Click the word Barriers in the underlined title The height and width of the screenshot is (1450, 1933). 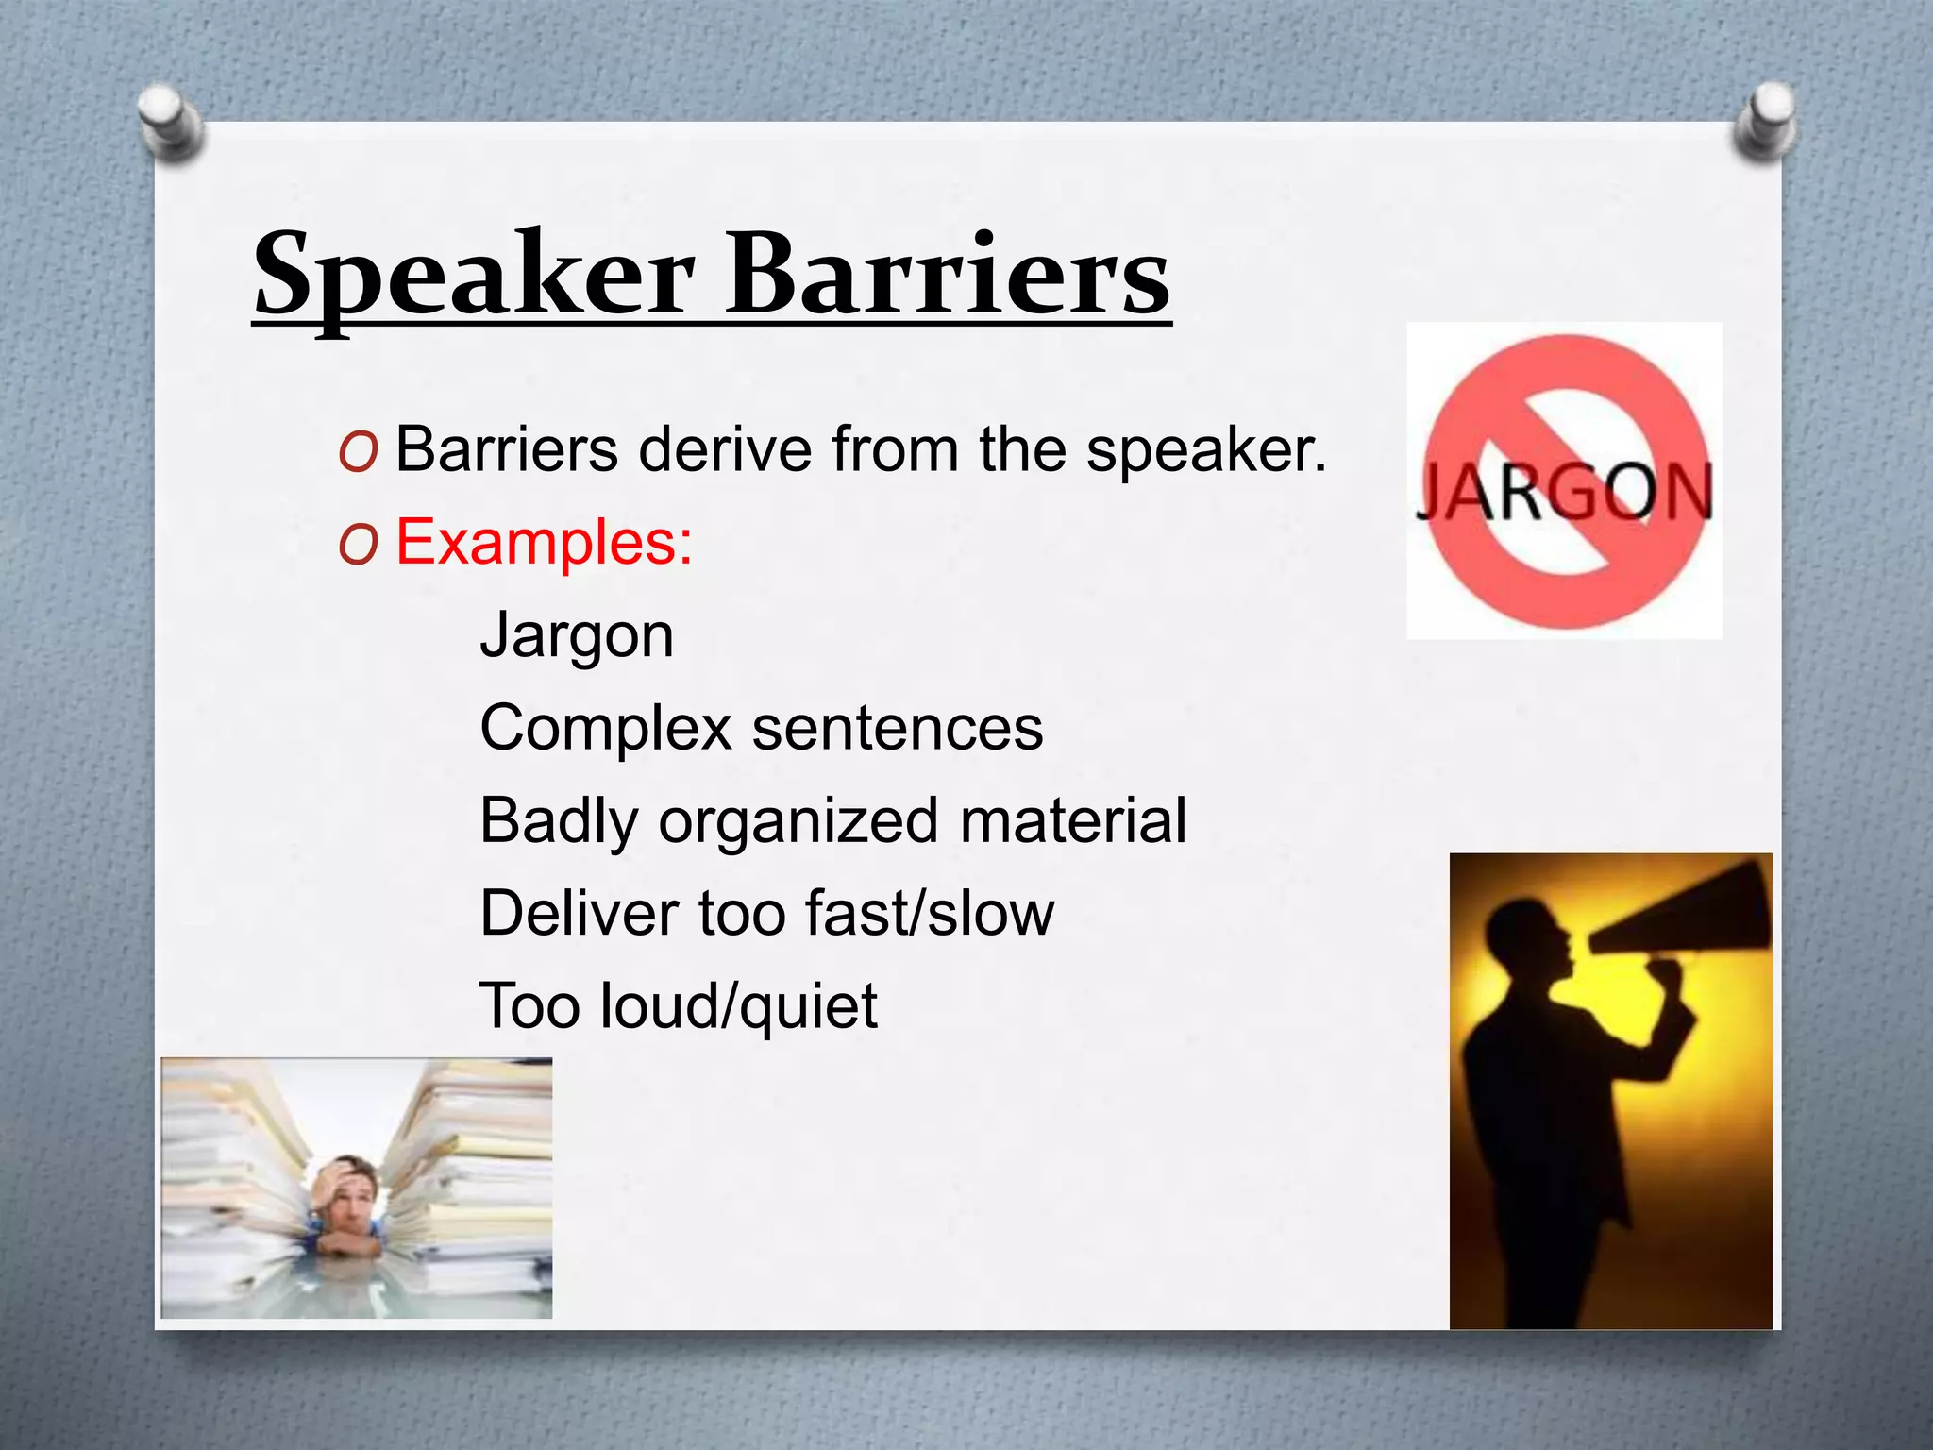948,276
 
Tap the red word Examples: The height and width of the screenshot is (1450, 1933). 544,543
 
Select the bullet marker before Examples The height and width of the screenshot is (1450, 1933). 358,545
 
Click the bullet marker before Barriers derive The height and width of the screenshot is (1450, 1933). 358,452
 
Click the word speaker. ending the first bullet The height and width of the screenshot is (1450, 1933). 1206,450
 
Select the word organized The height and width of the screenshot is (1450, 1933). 798,821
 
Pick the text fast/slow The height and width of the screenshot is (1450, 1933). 929,913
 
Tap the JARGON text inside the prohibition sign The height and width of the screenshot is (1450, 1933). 1564,493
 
